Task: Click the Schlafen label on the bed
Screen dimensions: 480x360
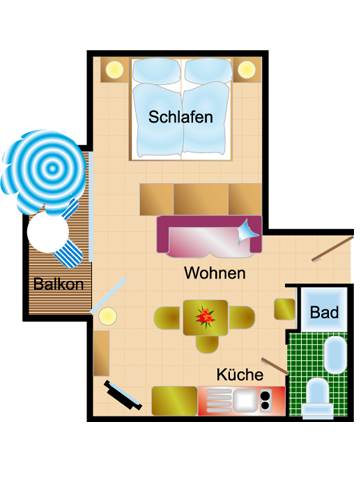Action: click(x=181, y=117)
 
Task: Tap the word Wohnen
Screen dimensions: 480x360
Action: click(x=215, y=273)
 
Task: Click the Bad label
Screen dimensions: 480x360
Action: click(x=323, y=313)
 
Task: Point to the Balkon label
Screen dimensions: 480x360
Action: click(x=58, y=283)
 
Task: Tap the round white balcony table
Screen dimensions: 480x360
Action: click(x=46, y=234)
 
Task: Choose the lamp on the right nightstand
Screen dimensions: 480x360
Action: click(x=247, y=69)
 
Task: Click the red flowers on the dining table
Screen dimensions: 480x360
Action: click(x=206, y=317)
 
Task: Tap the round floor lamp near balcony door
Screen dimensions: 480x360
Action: click(x=106, y=316)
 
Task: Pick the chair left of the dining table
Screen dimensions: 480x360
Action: click(x=166, y=318)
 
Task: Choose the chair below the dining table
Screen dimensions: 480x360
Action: click(x=207, y=345)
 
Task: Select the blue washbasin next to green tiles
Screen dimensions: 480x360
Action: click(x=334, y=353)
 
